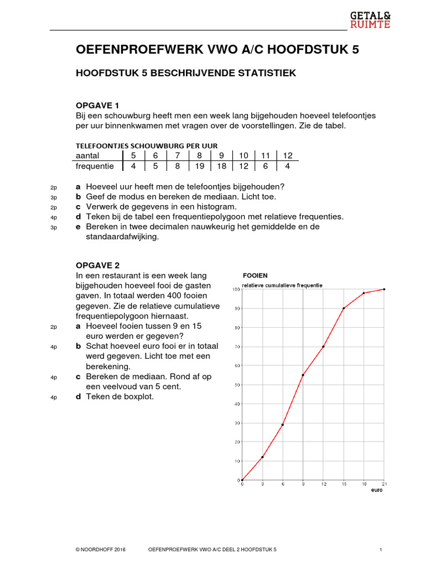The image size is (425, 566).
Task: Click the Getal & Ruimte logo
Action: pyautogui.click(x=370, y=19)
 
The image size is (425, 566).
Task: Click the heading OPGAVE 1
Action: pyautogui.click(x=97, y=105)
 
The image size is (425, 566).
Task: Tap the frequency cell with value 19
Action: pyautogui.click(x=199, y=166)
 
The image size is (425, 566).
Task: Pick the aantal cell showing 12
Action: pyautogui.click(x=287, y=155)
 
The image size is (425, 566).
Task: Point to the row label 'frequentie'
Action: pyautogui.click(x=95, y=166)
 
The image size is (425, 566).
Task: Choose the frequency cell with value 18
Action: pyautogui.click(x=221, y=166)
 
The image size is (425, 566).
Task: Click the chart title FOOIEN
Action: pyautogui.click(x=255, y=275)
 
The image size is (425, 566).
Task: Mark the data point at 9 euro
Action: pyautogui.click(x=303, y=375)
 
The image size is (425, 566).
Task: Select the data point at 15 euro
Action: pyautogui.click(x=344, y=308)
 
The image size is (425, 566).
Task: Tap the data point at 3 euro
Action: pyautogui.click(x=262, y=457)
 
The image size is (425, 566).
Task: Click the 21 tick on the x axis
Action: pyautogui.click(x=384, y=484)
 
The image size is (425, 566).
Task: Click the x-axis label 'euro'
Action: pyautogui.click(x=377, y=490)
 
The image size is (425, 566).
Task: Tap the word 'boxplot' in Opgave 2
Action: pyautogui.click(x=138, y=397)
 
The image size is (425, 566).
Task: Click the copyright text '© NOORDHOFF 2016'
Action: pyautogui.click(x=101, y=550)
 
